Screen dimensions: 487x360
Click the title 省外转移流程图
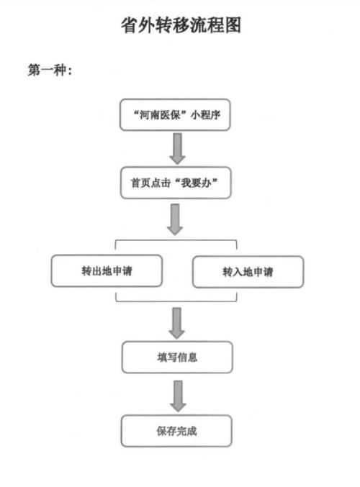coord(179,26)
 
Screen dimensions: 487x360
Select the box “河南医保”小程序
coord(176,115)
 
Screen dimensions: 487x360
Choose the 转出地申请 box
coord(106,272)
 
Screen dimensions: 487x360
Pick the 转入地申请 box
coord(248,273)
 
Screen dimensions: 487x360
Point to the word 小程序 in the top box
coord(204,115)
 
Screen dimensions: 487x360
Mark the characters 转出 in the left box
coord(90,272)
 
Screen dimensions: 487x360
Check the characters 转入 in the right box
coord(232,273)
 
